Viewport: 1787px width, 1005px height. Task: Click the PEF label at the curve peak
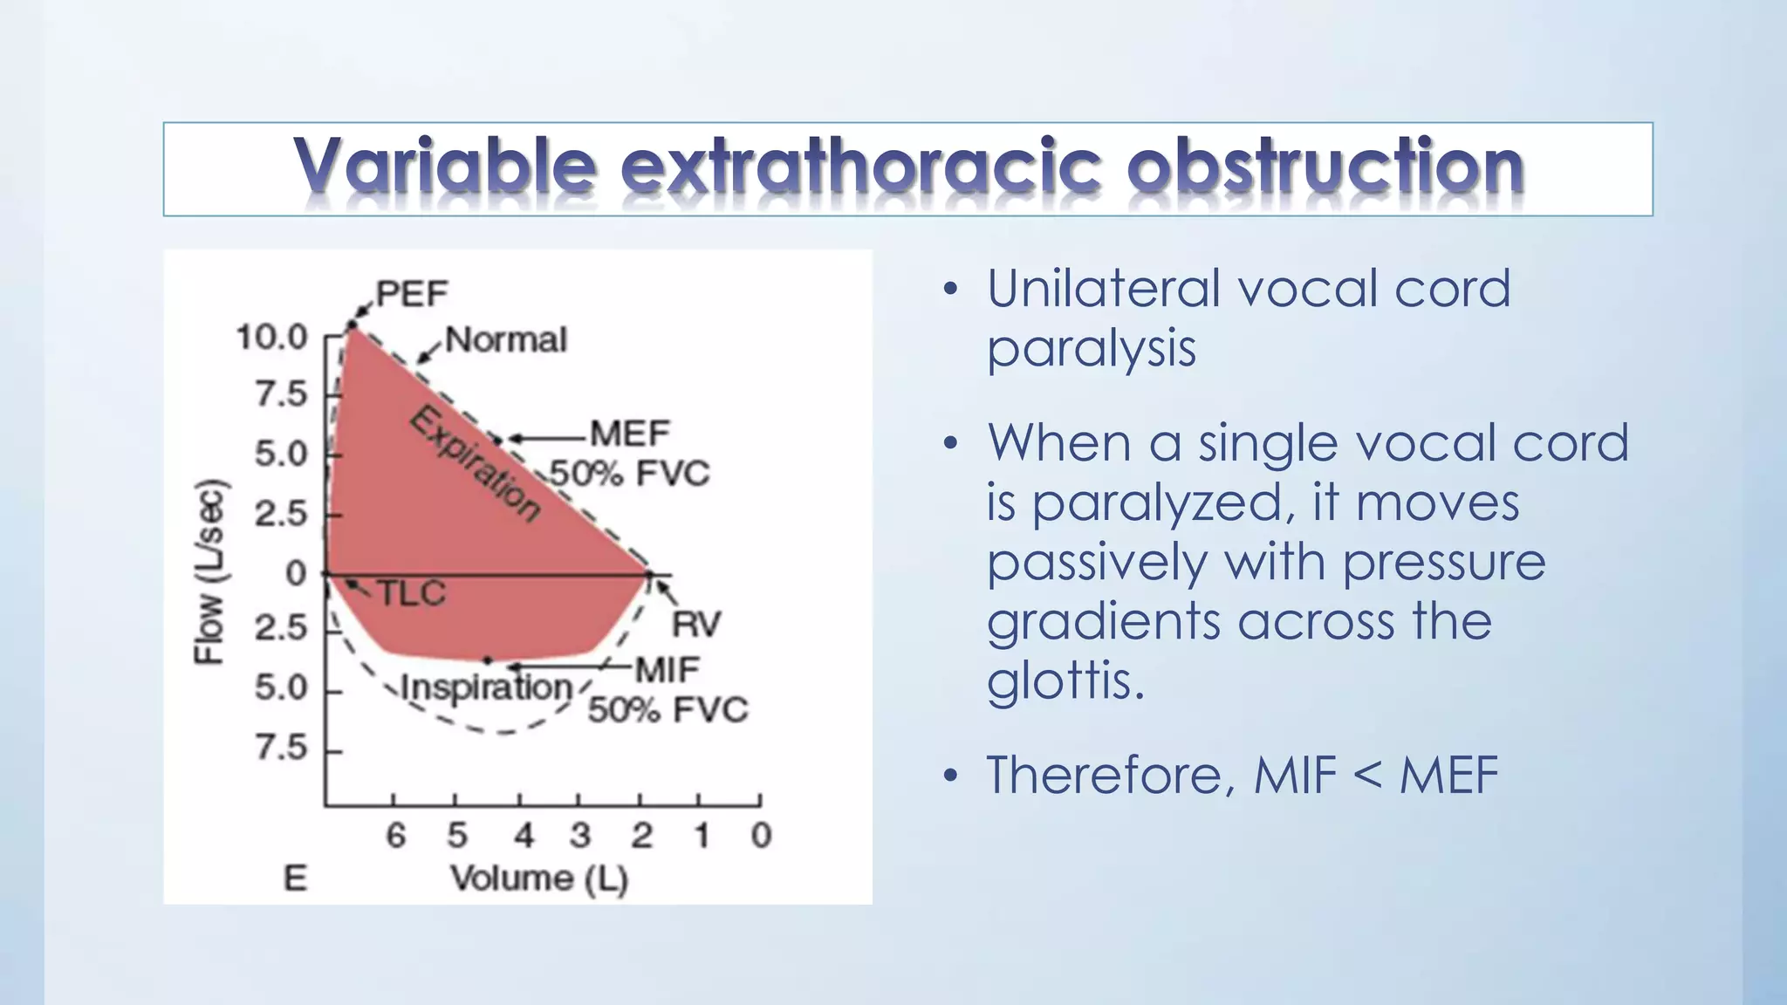(411, 294)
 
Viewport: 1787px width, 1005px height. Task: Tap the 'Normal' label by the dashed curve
(506, 339)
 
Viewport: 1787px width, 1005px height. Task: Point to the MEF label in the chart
(630, 434)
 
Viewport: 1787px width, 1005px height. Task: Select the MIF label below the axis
(667, 670)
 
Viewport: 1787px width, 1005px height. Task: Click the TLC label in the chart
(412, 594)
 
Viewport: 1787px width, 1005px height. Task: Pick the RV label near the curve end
(696, 625)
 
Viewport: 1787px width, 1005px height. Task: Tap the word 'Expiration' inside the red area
(476, 462)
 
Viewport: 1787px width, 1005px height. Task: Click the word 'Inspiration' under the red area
(486, 688)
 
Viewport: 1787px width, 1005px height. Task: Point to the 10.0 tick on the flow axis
(272, 337)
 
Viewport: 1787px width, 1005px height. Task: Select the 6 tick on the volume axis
(395, 836)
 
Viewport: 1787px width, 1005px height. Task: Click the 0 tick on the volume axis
(761, 836)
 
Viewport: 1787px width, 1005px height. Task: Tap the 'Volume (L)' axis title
(539, 879)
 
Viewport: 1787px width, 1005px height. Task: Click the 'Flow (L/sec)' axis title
(210, 571)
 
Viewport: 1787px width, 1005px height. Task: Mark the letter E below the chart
(295, 879)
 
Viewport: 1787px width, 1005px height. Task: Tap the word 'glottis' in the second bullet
(1064, 680)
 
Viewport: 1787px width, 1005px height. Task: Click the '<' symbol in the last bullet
(1368, 775)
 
